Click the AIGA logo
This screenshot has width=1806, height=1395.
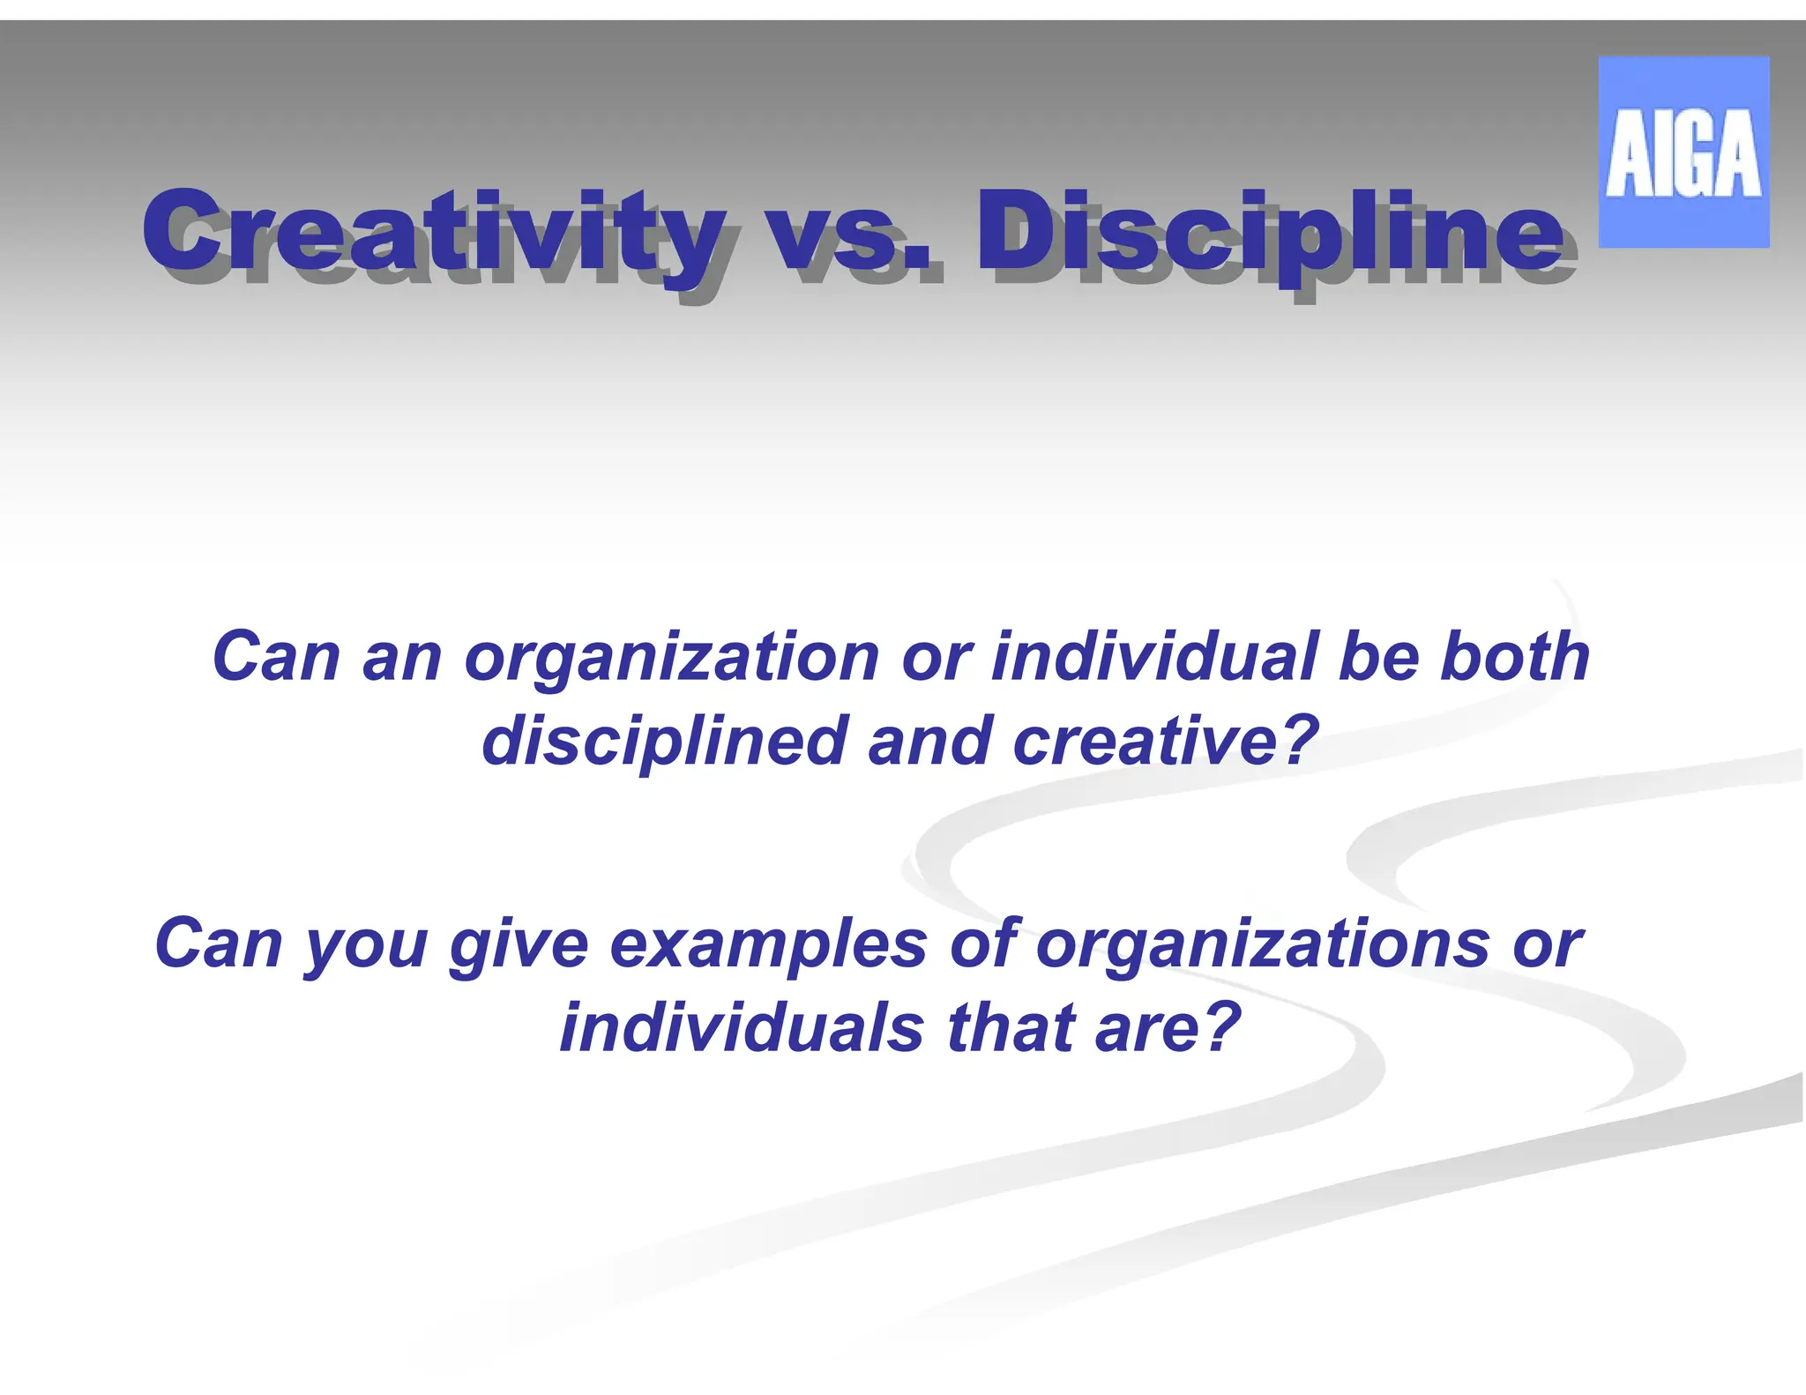(1683, 152)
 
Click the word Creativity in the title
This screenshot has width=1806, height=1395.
(432, 231)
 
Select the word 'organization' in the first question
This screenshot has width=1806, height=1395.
(672, 658)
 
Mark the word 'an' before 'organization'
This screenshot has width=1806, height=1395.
(402, 658)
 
